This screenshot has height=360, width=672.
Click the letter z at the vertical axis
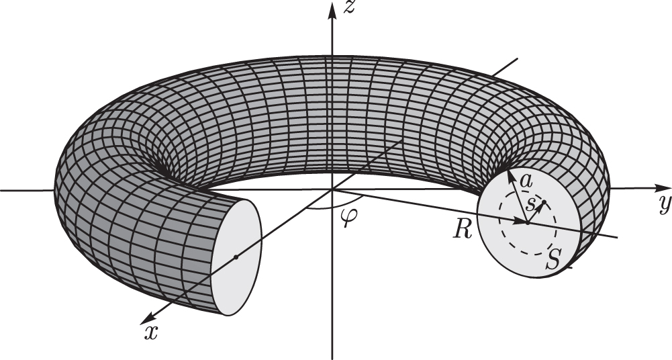(x=349, y=7)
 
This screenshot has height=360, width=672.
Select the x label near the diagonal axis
(x=151, y=332)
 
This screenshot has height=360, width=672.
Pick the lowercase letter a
(x=526, y=181)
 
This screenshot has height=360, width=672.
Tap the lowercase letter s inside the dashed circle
(x=530, y=206)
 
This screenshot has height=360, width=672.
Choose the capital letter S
(x=553, y=259)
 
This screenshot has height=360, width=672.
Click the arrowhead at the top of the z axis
(x=332, y=10)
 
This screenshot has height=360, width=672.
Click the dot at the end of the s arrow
(x=544, y=202)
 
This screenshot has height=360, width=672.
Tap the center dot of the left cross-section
(x=236, y=257)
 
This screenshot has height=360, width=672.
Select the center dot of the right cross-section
(x=528, y=223)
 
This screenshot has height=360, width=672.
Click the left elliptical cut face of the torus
(x=236, y=257)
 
